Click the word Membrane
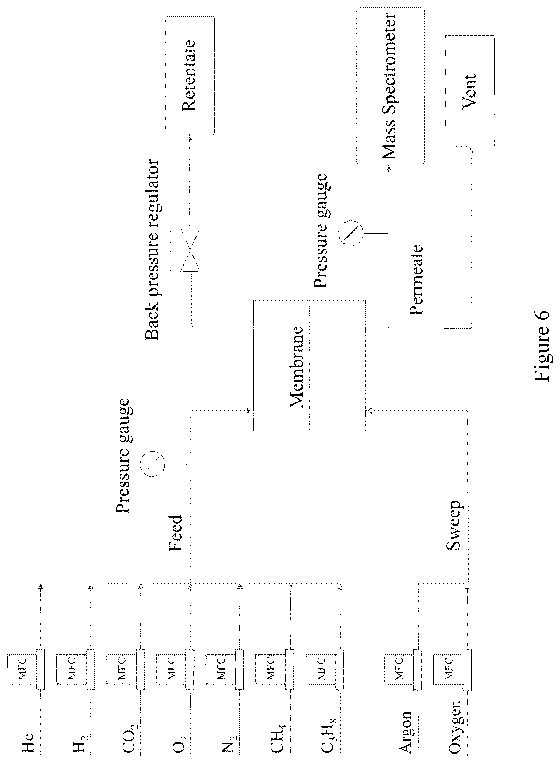pyautogui.click(x=296, y=367)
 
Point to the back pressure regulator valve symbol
pyautogui.click(x=190, y=249)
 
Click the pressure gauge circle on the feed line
pyautogui.click(x=152, y=463)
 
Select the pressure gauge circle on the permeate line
pyautogui.click(x=351, y=233)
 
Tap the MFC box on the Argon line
pyautogui.click(x=399, y=670)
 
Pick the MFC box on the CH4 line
pyautogui.click(x=270, y=670)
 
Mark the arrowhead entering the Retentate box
pyautogui.click(x=190, y=137)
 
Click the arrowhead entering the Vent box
pyautogui.click(x=470, y=150)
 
